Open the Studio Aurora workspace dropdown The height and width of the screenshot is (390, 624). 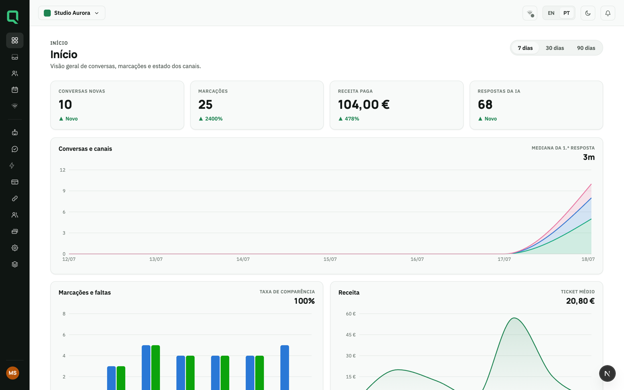pos(72,13)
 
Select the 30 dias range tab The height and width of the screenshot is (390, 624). pos(555,48)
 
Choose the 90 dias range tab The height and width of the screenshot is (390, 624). pos(586,48)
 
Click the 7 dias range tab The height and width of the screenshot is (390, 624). pos(525,48)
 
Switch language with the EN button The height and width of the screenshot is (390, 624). pos(551,13)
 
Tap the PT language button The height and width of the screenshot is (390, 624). pos(566,13)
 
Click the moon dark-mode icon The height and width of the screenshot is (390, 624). pos(588,13)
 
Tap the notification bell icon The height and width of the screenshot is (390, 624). pos(608,13)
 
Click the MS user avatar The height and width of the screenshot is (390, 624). pos(12,373)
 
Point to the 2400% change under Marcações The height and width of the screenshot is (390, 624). pos(214,119)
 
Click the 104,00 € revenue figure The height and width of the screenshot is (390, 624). pos(363,105)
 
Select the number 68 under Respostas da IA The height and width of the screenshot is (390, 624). pos(485,105)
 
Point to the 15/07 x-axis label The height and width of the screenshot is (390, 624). pos(330,259)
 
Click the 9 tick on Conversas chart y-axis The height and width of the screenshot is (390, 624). pos(64,191)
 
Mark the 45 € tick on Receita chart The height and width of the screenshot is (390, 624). pos(351,335)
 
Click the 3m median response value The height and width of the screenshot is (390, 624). pos(589,158)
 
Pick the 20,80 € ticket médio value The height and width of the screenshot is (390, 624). pos(580,301)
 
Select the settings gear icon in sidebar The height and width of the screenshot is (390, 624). pos(15,248)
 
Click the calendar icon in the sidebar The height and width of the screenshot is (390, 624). pos(15,90)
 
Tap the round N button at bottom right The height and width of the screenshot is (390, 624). pos(607,373)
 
